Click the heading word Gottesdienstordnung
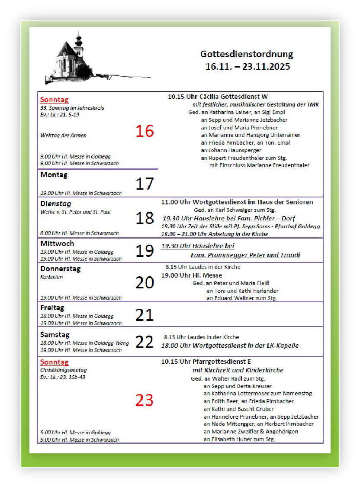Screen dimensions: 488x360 click(x=247, y=55)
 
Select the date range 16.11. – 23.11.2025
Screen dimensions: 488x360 click(x=247, y=67)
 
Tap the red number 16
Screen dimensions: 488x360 click(x=145, y=131)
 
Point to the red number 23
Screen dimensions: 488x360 click(x=145, y=400)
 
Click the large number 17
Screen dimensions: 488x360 click(x=145, y=184)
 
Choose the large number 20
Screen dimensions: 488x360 click(x=145, y=282)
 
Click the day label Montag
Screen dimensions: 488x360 click(x=54, y=175)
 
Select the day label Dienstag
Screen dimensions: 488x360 click(x=55, y=204)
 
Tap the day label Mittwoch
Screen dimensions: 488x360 click(x=57, y=243)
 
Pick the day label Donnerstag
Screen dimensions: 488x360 click(x=60, y=268)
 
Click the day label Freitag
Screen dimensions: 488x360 click(x=52, y=308)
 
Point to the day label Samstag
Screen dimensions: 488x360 click(x=55, y=335)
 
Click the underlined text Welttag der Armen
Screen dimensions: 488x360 click(x=63, y=136)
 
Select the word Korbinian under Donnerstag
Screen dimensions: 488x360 click(x=51, y=277)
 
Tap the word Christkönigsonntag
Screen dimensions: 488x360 click(x=63, y=370)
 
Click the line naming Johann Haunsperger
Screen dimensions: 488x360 click(x=231, y=150)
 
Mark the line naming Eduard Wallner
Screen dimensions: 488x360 click(x=242, y=298)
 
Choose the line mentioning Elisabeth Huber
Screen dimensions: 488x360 click(x=239, y=439)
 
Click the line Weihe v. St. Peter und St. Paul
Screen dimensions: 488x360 click(x=75, y=212)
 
